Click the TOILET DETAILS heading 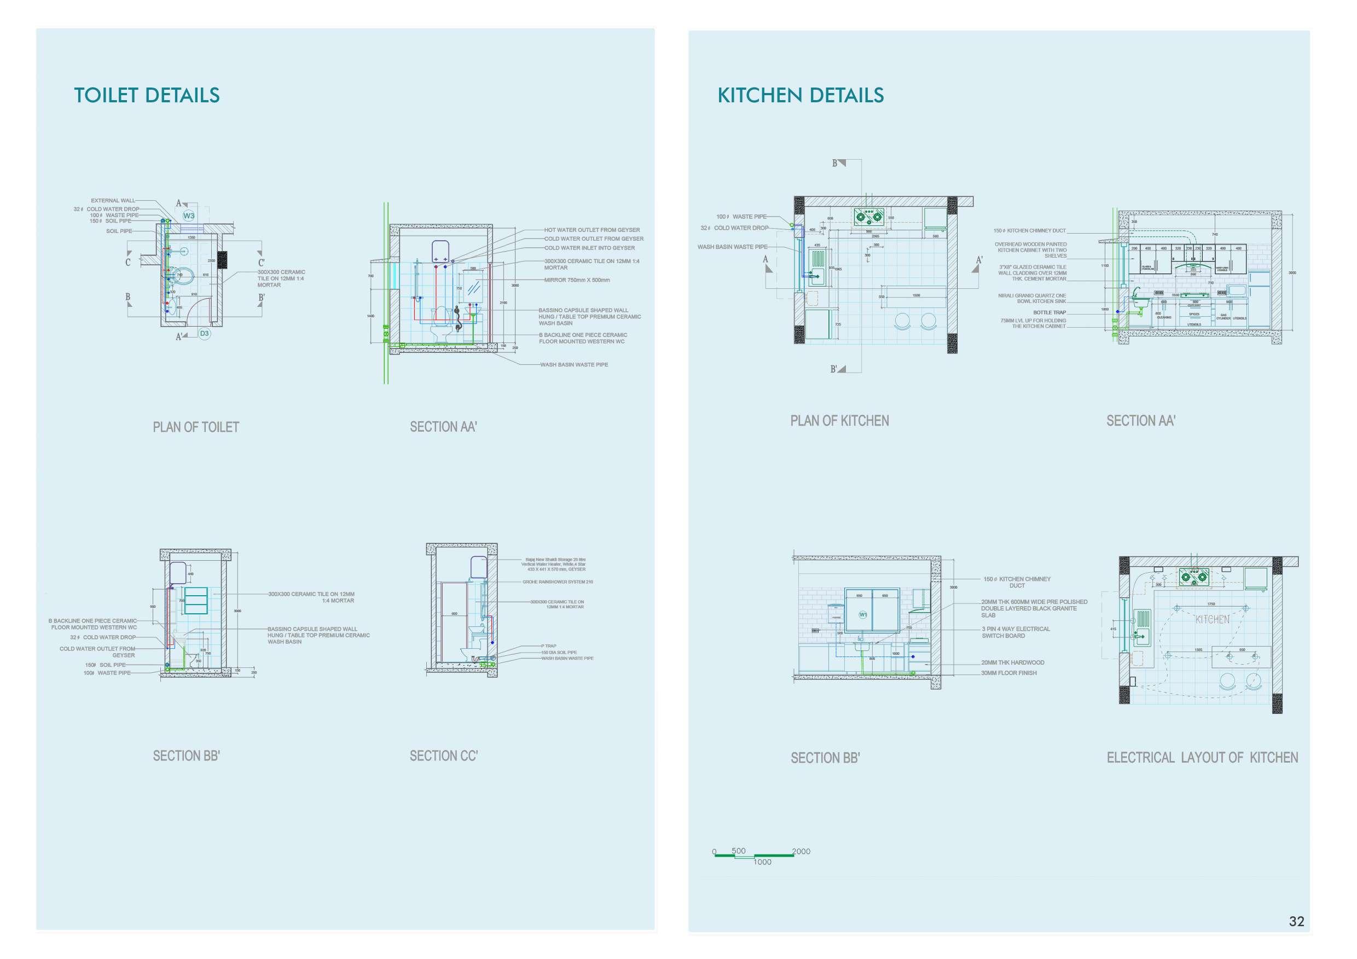coord(147,95)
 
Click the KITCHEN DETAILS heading coord(801,95)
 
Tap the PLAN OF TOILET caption coord(196,427)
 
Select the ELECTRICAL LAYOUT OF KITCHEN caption coord(1202,758)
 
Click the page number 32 coord(1296,921)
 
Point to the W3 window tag coord(189,216)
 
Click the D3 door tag coord(204,334)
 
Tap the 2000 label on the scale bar coord(801,851)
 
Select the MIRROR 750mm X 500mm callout coord(577,280)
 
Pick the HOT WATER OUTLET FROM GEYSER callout coord(591,230)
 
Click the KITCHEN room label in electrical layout coord(1212,620)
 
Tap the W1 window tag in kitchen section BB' coord(863,614)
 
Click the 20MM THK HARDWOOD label coord(1012,662)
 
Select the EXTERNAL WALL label coord(113,200)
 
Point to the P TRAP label coord(548,647)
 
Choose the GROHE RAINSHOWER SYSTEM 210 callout coord(558,582)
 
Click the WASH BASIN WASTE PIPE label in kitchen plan coord(732,247)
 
